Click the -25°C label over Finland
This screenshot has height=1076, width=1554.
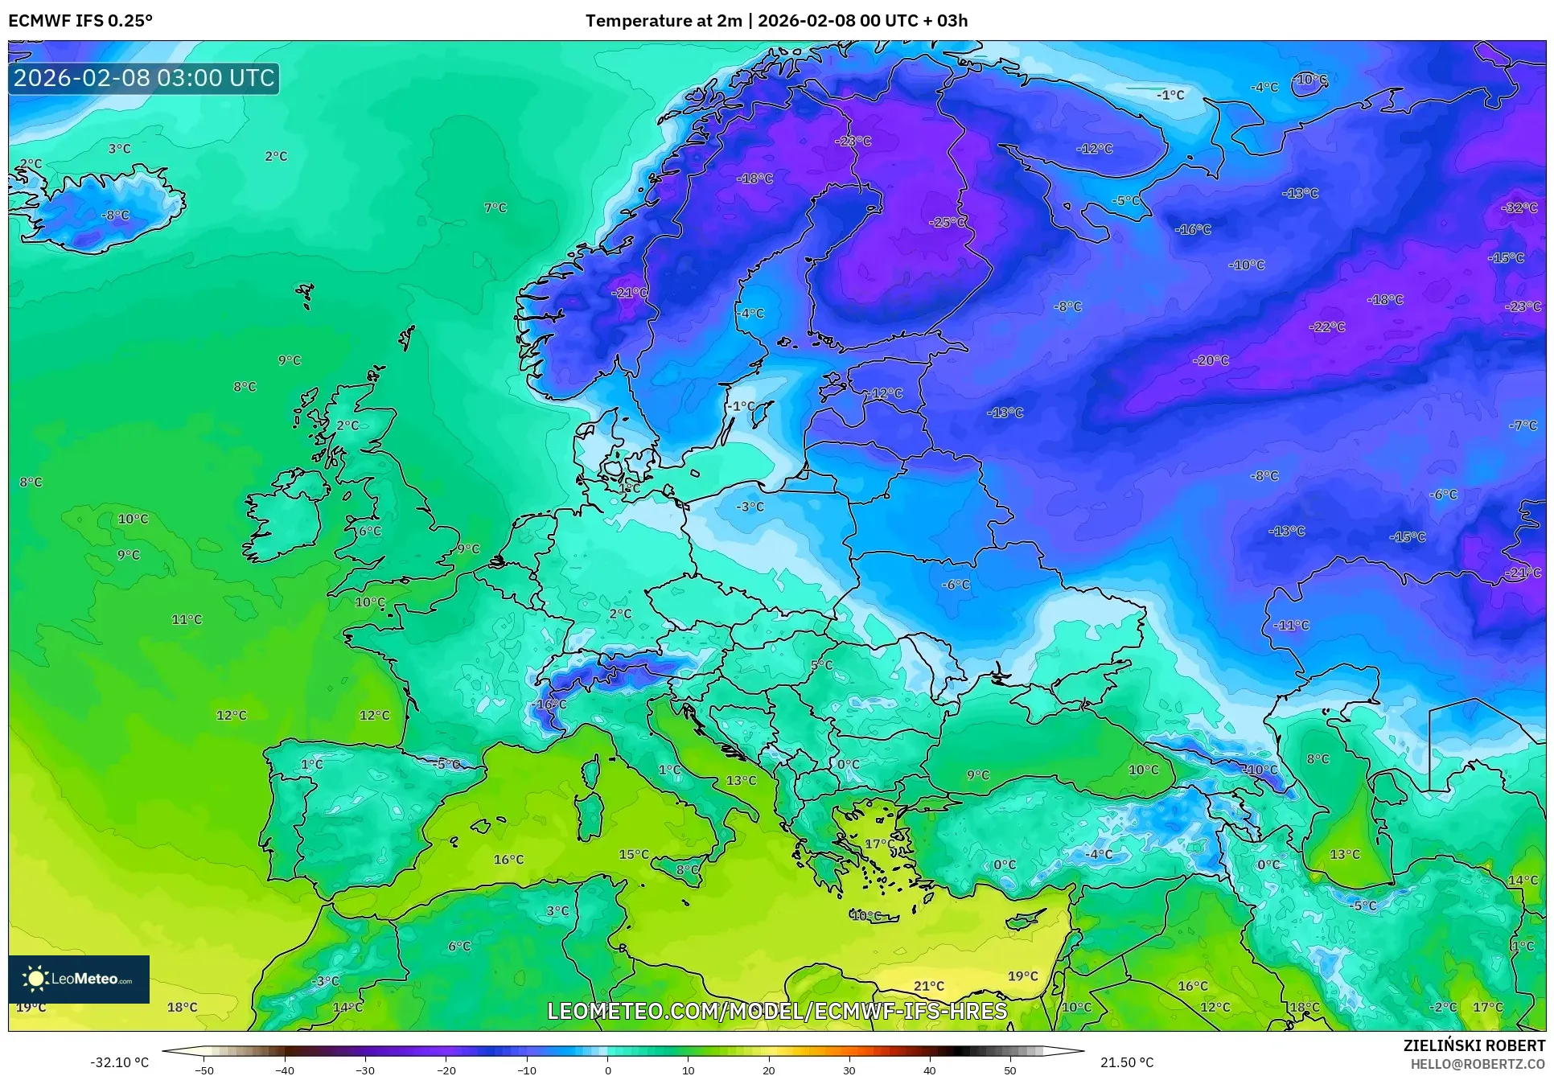coord(948,222)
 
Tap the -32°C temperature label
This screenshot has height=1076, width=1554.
coord(1519,207)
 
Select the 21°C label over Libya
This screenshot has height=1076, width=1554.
coord(928,986)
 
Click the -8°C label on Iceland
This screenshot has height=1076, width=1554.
coord(115,216)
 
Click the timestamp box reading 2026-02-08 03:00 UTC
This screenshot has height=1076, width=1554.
coord(144,78)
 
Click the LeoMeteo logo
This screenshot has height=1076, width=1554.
coord(79,979)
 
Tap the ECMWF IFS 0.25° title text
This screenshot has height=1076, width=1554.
coord(80,21)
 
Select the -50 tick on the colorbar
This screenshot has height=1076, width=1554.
coord(204,1070)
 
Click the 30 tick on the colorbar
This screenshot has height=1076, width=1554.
coord(849,1070)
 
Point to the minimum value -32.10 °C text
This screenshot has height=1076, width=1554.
coord(119,1062)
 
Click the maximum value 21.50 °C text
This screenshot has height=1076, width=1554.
coord(1126,1062)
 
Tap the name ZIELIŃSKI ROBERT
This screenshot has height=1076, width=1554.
coord(1474,1045)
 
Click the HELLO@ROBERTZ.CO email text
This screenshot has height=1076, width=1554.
coord(1477,1064)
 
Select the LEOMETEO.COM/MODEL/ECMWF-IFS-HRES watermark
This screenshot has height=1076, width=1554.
coord(777,1011)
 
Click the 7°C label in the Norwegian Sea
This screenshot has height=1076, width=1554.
coord(495,208)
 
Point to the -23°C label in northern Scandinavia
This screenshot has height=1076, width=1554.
coord(853,141)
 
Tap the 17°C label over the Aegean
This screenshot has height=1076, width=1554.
coord(876,844)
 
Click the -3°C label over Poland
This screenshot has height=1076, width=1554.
coord(750,507)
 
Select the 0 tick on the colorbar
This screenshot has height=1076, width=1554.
coord(608,1070)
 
